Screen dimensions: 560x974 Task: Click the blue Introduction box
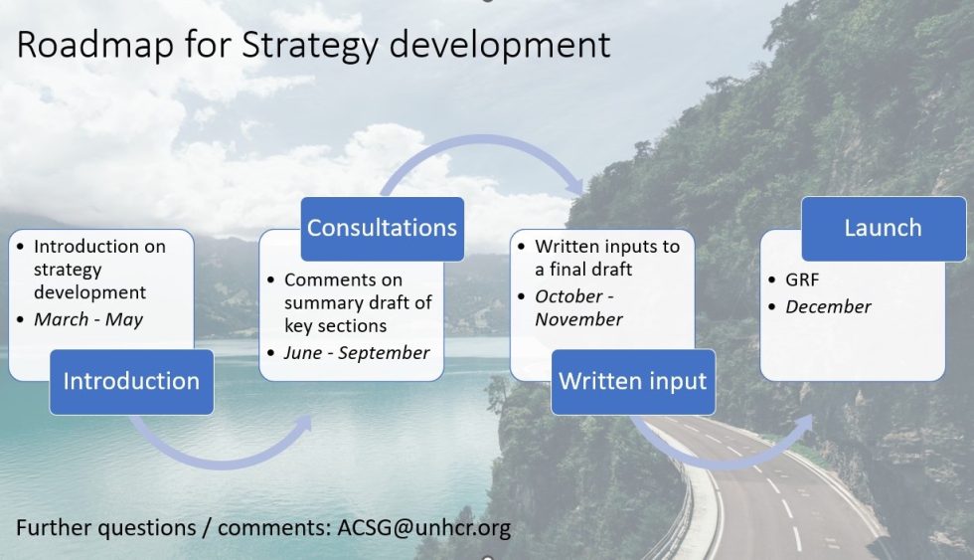click(131, 381)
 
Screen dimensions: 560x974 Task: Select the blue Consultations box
click(382, 228)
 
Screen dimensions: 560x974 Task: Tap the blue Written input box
click(633, 381)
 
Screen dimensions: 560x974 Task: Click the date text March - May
click(88, 319)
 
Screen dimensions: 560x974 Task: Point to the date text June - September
click(357, 352)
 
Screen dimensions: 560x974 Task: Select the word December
click(828, 306)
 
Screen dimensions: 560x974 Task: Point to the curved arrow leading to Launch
click(726, 448)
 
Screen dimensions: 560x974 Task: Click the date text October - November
click(578, 307)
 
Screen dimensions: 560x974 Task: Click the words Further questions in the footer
click(103, 527)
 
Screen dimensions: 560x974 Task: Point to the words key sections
click(335, 326)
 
